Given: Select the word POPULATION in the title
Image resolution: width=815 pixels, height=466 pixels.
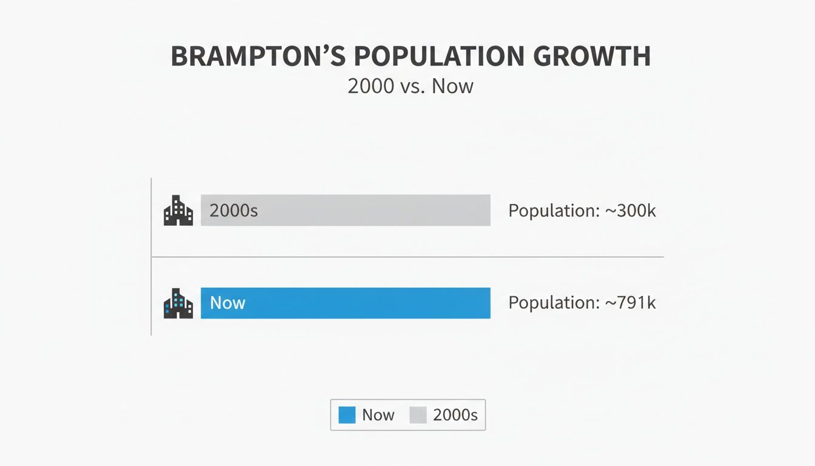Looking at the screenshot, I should (x=439, y=56).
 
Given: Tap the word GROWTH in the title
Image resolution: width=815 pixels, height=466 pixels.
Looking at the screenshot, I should (x=593, y=56).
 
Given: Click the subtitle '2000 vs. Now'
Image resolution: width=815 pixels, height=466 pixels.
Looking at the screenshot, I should (x=410, y=86).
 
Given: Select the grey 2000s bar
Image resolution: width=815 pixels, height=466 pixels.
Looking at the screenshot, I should (x=364, y=211).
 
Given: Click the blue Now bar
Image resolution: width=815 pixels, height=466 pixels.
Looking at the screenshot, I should (x=364, y=303).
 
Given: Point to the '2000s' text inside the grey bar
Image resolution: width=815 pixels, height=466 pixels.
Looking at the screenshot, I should (x=233, y=211).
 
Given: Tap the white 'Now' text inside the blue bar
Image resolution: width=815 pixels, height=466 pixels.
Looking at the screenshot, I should (x=227, y=303).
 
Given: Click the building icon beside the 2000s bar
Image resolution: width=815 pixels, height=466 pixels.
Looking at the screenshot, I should (x=178, y=211).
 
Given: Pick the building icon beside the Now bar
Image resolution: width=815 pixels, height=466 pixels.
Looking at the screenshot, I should (x=178, y=303).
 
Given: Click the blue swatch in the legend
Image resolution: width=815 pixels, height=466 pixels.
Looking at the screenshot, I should (x=347, y=415).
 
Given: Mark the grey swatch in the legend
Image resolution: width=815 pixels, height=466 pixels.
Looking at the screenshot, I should (x=418, y=415).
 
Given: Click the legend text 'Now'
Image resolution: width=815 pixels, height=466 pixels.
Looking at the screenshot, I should (x=378, y=415).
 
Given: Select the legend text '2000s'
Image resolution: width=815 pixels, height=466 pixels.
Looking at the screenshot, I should (x=455, y=415).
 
